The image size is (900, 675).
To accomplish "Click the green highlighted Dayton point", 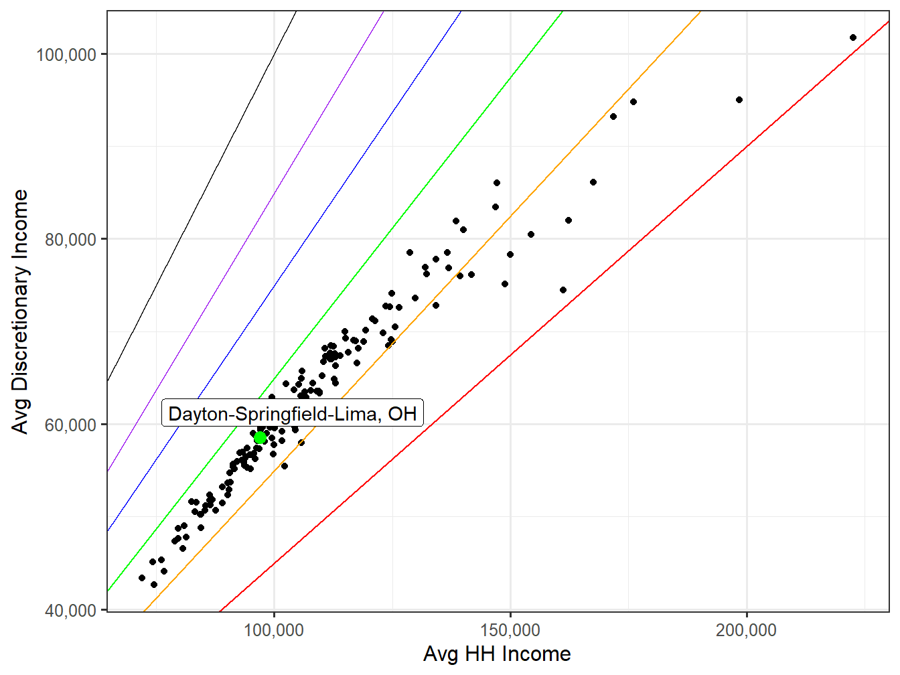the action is tap(260, 438).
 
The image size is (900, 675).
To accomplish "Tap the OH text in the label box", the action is tap(402, 414).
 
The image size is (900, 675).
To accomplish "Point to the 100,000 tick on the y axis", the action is tap(66, 54).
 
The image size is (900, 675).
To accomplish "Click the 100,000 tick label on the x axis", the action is tap(274, 630).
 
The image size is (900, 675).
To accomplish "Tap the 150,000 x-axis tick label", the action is tap(510, 630).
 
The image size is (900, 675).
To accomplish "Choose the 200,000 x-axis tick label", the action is tap(746, 630).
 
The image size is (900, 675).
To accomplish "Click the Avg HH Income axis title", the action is tap(497, 654).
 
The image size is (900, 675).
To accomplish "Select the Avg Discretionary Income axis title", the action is tap(21, 311).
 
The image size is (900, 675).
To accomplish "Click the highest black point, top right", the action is tap(853, 37).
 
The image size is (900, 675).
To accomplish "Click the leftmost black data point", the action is tap(142, 578).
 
